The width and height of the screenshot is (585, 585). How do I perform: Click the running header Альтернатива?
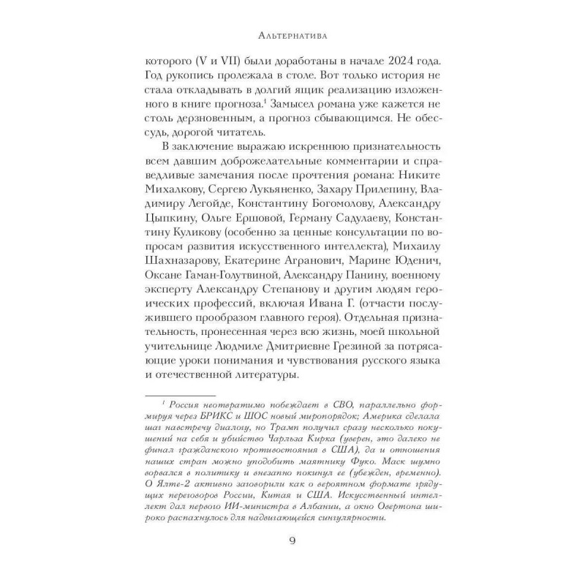click(292, 34)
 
